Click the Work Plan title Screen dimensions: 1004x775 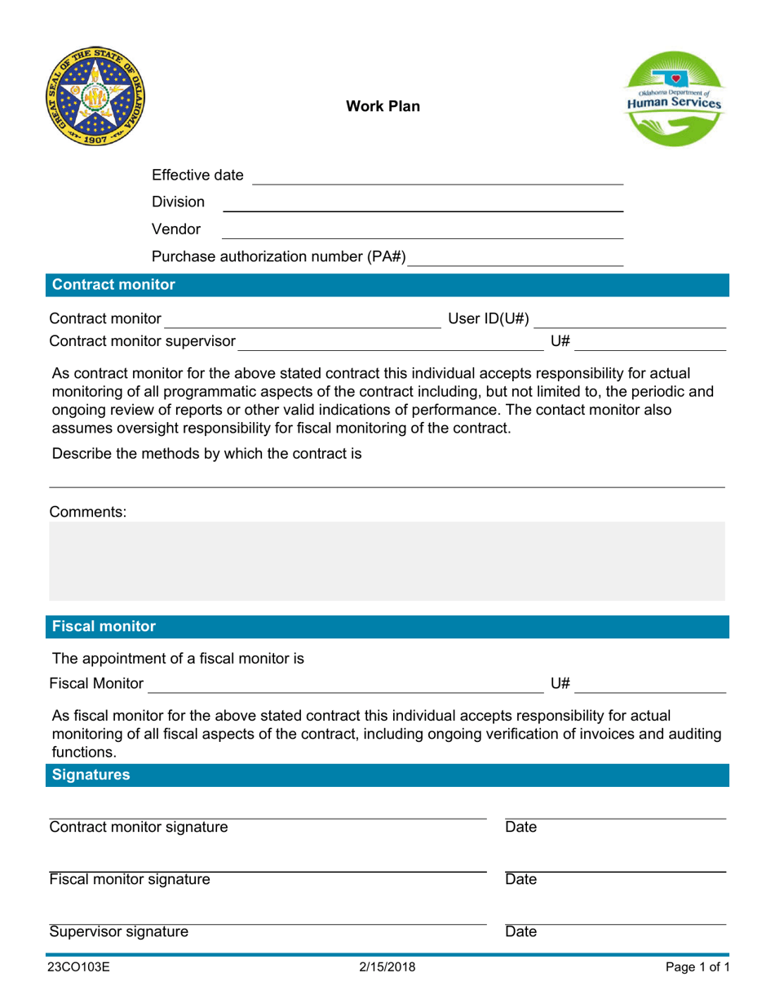[x=383, y=106]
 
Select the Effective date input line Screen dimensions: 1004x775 [x=437, y=176]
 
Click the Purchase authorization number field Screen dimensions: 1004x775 [x=516, y=259]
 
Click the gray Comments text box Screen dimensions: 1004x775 [x=387, y=562]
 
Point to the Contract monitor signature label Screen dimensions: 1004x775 [x=139, y=828]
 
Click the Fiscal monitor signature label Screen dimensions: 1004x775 [x=129, y=880]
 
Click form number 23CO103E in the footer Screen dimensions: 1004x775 [x=79, y=968]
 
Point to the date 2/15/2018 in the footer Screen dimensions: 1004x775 [x=387, y=968]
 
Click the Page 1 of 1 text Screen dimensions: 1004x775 [x=696, y=968]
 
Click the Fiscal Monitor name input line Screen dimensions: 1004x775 [x=344, y=684]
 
